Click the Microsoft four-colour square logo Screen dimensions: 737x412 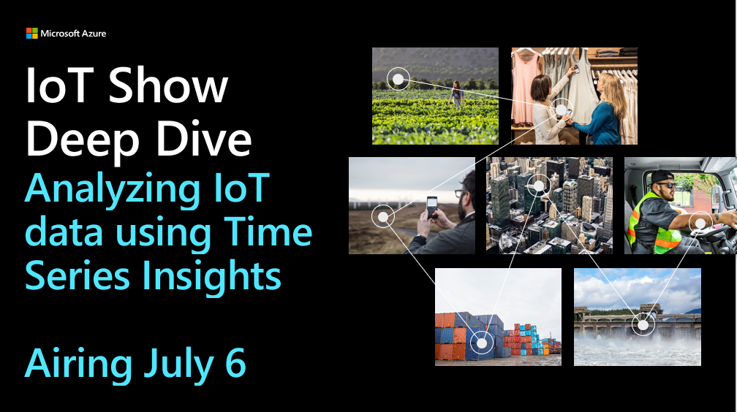[32, 34]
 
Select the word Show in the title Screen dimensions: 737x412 [168, 85]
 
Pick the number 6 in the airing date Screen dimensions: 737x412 [235, 362]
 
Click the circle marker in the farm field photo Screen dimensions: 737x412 [398, 79]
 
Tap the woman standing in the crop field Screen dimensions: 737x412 [456, 94]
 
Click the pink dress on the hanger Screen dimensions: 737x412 [525, 87]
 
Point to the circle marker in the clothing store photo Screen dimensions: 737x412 [562, 110]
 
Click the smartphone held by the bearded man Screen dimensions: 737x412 [431, 207]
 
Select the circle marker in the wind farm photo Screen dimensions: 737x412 [383, 216]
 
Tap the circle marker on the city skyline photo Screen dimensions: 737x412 [539, 186]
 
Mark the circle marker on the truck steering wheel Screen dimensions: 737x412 [700, 223]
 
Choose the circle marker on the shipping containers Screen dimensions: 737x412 [481, 343]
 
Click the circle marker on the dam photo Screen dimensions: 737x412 [643, 324]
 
